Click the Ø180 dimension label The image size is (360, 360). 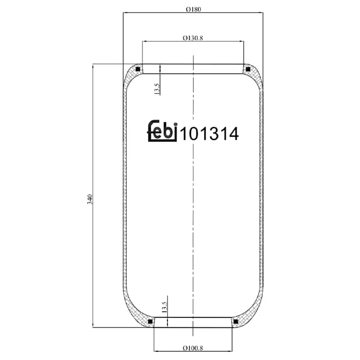pos(193,10)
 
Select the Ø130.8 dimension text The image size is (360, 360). pos(193,38)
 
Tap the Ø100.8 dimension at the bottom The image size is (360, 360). pos(193,348)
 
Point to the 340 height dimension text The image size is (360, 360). pos(90,199)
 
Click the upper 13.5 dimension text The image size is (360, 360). pos(157,89)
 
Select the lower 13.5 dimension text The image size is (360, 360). pos(164,307)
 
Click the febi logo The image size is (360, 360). pos(162,131)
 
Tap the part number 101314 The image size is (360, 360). pos(209,134)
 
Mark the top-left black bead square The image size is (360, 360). pos(138,69)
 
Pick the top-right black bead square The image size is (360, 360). pos(248,69)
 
